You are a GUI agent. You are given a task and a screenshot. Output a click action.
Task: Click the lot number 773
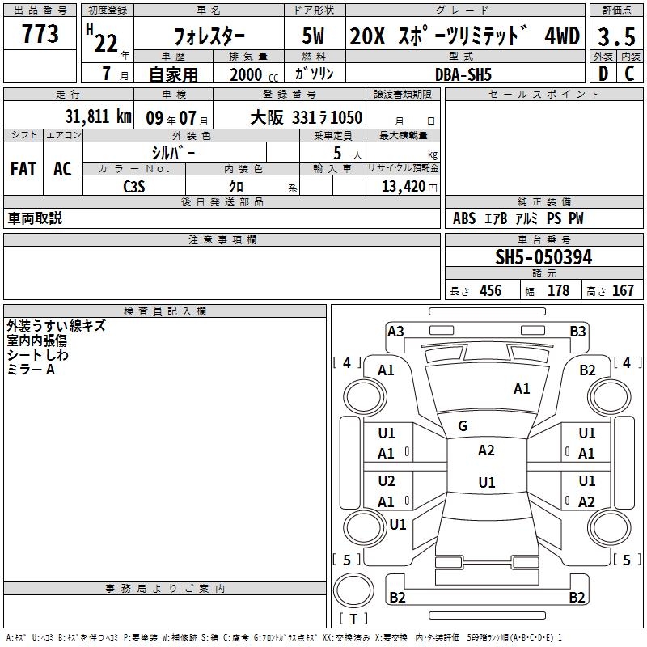point(40,34)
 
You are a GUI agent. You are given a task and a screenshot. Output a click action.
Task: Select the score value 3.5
point(616,37)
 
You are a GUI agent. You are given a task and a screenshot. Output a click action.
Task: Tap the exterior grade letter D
point(603,74)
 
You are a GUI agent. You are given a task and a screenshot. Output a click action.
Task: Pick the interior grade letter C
point(629,74)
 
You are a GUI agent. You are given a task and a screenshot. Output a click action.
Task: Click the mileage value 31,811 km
point(98,116)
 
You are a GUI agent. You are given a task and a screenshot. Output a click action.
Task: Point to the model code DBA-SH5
point(463,74)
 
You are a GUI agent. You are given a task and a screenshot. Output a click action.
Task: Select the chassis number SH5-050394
point(543,257)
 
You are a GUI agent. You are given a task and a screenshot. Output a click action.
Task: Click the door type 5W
point(313,36)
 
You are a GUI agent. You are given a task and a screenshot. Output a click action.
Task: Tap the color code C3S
point(134,187)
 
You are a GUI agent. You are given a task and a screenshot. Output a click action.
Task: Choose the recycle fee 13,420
point(404,187)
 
